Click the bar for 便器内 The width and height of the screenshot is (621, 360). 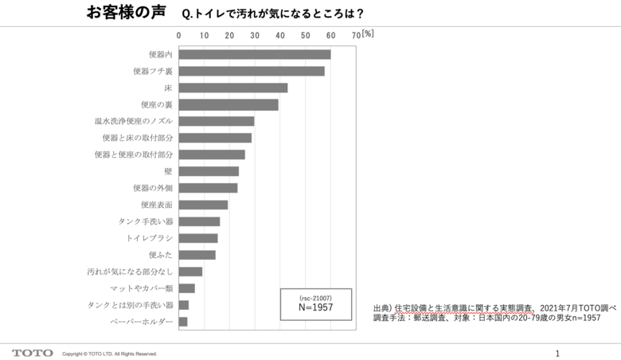(254, 54)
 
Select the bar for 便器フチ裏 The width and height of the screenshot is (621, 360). (251, 71)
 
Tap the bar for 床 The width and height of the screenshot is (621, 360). (232, 88)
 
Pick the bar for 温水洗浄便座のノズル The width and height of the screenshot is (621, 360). (216, 121)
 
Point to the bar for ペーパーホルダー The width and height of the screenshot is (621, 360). (183, 322)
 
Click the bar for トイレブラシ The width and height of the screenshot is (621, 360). (197, 238)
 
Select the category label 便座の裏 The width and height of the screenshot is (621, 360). (156, 104)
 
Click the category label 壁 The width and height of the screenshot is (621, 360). (168, 171)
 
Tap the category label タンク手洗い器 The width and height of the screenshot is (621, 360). (146, 221)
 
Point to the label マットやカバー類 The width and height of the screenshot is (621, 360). (142, 288)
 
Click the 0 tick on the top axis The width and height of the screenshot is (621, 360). (178, 35)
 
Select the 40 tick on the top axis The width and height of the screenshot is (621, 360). (280, 35)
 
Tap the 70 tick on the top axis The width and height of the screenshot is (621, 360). (356, 35)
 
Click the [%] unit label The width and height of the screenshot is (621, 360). (368, 34)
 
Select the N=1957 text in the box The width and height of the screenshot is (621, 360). (315, 307)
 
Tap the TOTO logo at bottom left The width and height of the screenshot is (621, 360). (33, 353)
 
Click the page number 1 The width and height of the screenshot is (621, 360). (557, 353)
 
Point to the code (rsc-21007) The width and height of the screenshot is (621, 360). (315, 296)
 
